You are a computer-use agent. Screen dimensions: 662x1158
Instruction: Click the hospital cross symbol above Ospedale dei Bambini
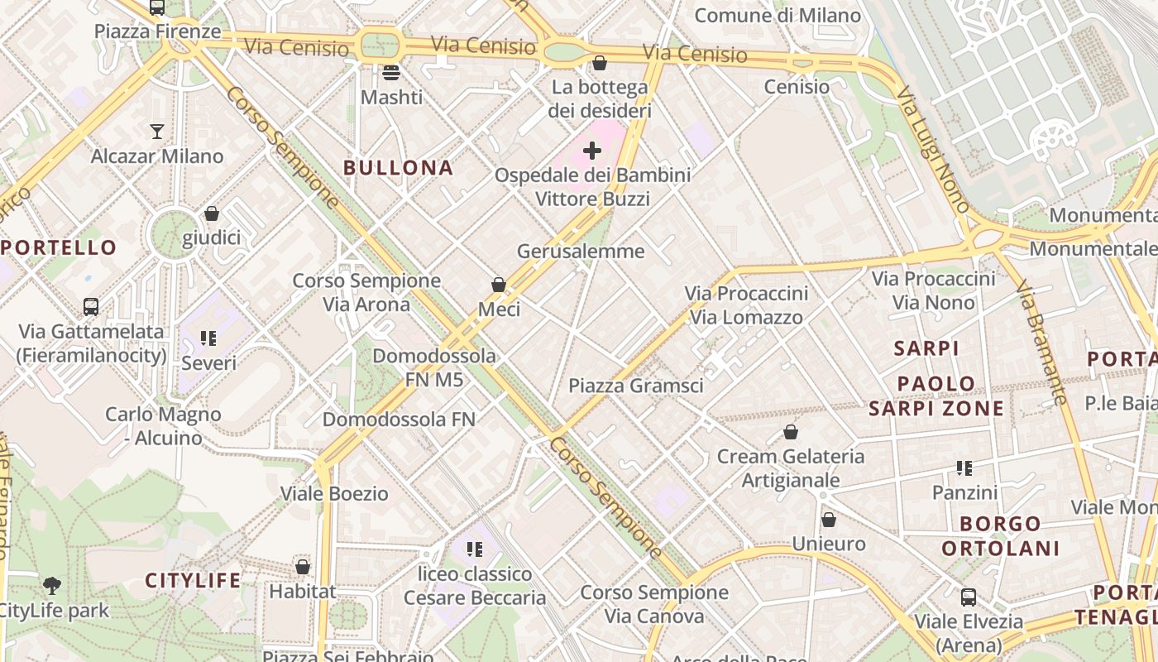(592, 151)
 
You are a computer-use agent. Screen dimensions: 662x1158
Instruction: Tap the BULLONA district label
(398, 168)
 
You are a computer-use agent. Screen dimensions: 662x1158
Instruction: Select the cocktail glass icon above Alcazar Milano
(156, 131)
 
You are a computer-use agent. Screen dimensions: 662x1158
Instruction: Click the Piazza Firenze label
(157, 31)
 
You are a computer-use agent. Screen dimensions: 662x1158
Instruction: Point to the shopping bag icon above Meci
(499, 285)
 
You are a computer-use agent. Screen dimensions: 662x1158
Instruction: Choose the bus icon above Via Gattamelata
(91, 307)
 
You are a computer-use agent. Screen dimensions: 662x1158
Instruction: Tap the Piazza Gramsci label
(635, 386)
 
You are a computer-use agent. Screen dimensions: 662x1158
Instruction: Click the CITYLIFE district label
(194, 580)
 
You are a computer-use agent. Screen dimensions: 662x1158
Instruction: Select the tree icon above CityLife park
(52, 586)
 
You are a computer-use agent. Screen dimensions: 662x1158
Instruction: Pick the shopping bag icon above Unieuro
(828, 520)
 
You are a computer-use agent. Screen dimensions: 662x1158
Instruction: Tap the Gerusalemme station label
(580, 251)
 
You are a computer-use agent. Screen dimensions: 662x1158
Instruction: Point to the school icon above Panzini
(964, 468)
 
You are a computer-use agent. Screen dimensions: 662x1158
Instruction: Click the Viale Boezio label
(334, 494)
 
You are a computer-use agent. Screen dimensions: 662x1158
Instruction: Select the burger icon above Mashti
(391, 72)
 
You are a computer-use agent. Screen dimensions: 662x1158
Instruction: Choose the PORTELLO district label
(60, 247)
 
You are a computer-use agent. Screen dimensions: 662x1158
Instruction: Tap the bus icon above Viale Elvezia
(968, 597)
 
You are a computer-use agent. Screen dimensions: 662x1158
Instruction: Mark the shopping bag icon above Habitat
(303, 567)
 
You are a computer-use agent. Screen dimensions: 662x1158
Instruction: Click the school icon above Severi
(208, 338)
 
